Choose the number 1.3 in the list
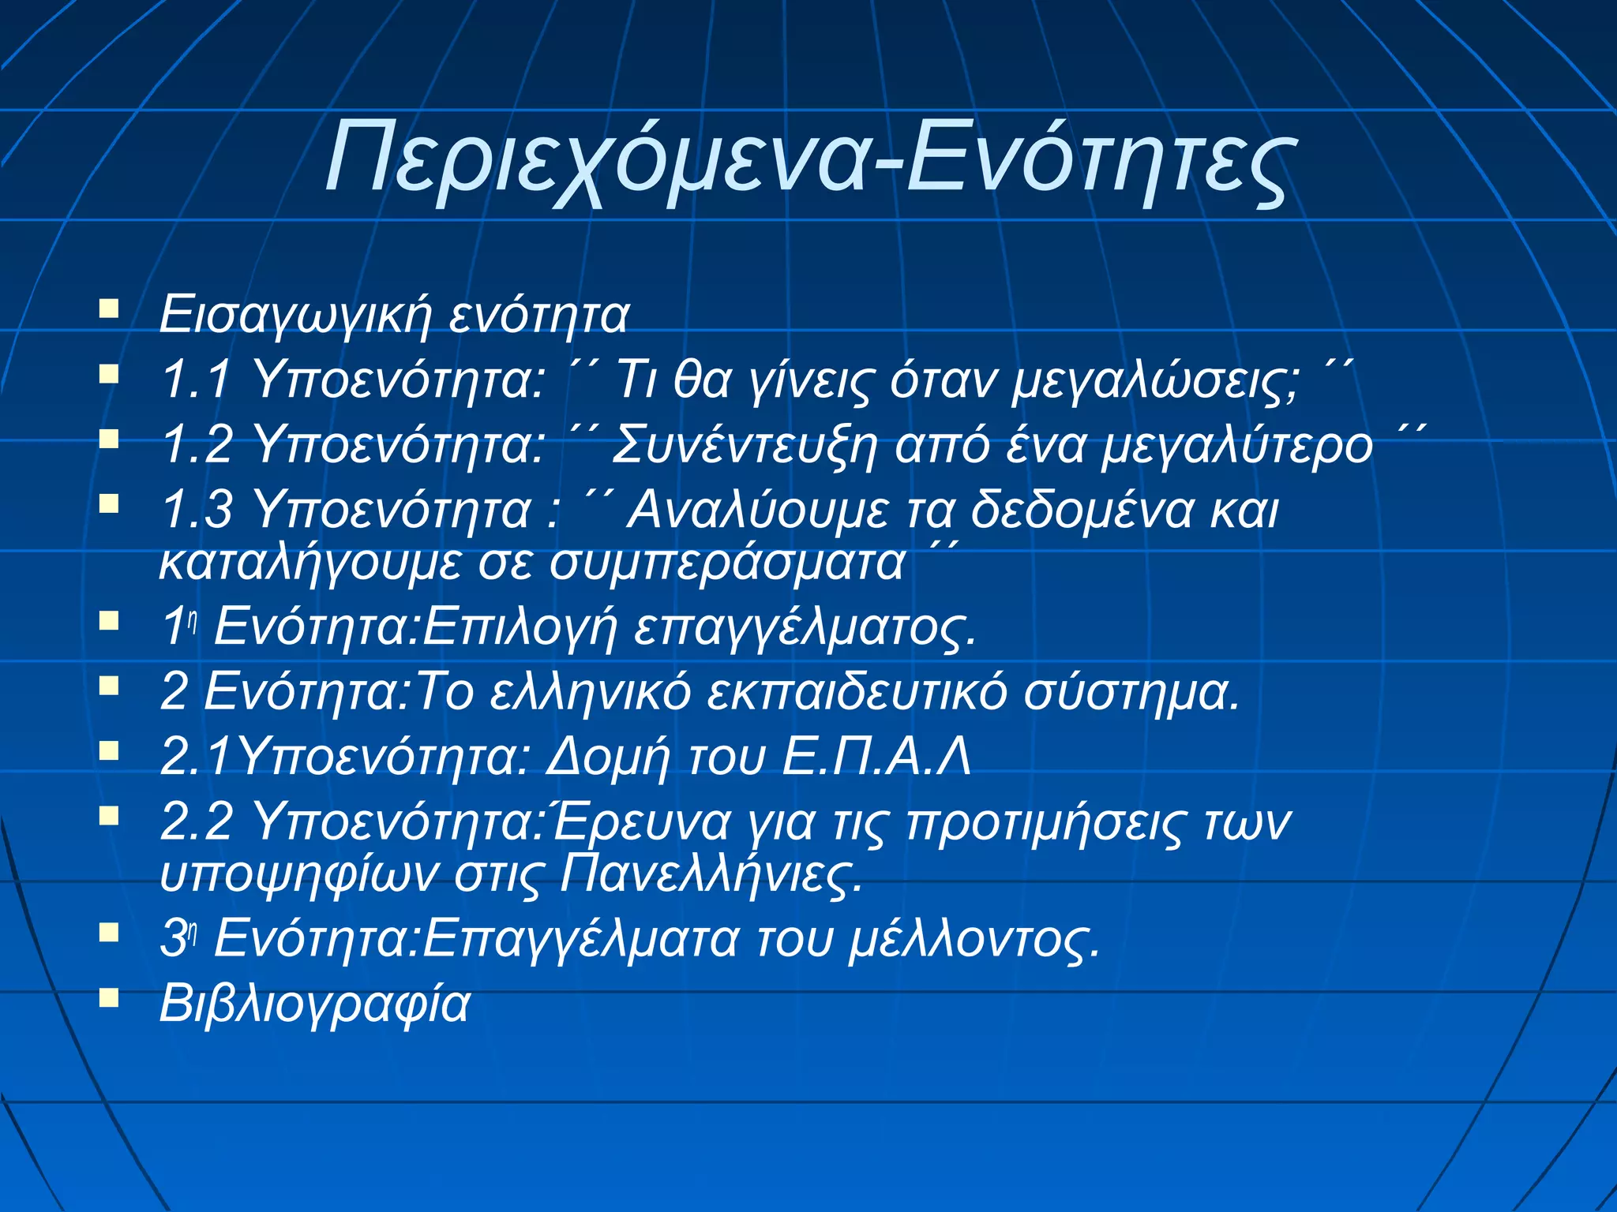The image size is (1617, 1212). click(197, 509)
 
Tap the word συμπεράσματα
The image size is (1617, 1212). click(726, 563)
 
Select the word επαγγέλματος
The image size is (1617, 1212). click(805, 628)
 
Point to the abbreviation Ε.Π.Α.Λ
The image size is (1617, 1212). click(876, 757)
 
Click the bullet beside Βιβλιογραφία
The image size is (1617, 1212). click(109, 999)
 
